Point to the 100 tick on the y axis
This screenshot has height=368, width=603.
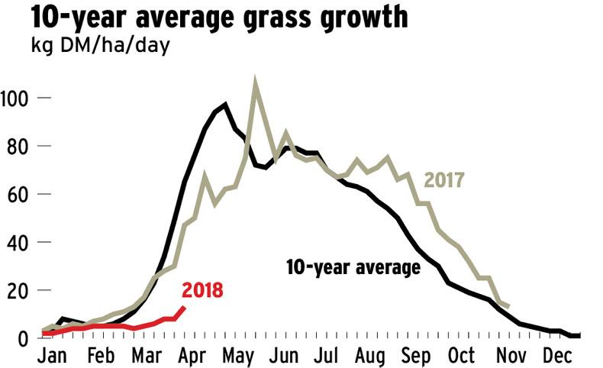pos(15,98)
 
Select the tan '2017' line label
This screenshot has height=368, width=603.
pos(445,181)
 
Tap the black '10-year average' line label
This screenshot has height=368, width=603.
pos(353,267)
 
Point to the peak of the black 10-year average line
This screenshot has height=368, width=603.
pos(225,105)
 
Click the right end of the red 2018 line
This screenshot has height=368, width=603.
pos(183,307)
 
